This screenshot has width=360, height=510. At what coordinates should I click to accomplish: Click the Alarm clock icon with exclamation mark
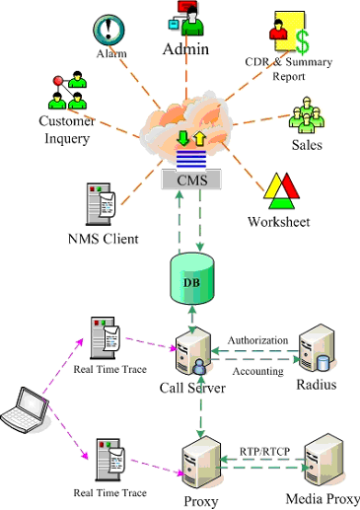(x=108, y=31)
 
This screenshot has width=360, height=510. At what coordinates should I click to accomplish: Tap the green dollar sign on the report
(x=303, y=41)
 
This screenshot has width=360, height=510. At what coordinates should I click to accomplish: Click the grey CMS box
(x=191, y=180)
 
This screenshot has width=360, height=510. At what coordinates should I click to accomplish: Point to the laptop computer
(x=25, y=409)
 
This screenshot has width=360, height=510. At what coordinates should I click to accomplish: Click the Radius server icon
(x=317, y=350)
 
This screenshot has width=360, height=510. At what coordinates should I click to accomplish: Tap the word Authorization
(x=257, y=340)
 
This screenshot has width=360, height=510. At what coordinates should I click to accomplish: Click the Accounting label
(x=258, y=371)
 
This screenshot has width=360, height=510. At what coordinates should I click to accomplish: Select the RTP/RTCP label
(x=264, y=452)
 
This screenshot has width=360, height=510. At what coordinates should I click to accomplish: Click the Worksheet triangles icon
(x=281, y=191)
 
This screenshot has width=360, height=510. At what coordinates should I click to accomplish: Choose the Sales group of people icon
(x=307, y=114)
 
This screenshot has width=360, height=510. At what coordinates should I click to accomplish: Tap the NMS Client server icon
(x=101, y=204)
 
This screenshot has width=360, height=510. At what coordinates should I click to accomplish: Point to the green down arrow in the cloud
(x=183, y=138)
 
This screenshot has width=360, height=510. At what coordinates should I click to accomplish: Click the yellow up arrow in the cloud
(x=199, y=139)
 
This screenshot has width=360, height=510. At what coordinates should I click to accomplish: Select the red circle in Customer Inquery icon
(x=58, y=81)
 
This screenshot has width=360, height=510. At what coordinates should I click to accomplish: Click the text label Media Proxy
(x=323, y=499)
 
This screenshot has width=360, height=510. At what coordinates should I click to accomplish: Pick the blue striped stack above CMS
(x=191, y=159)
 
